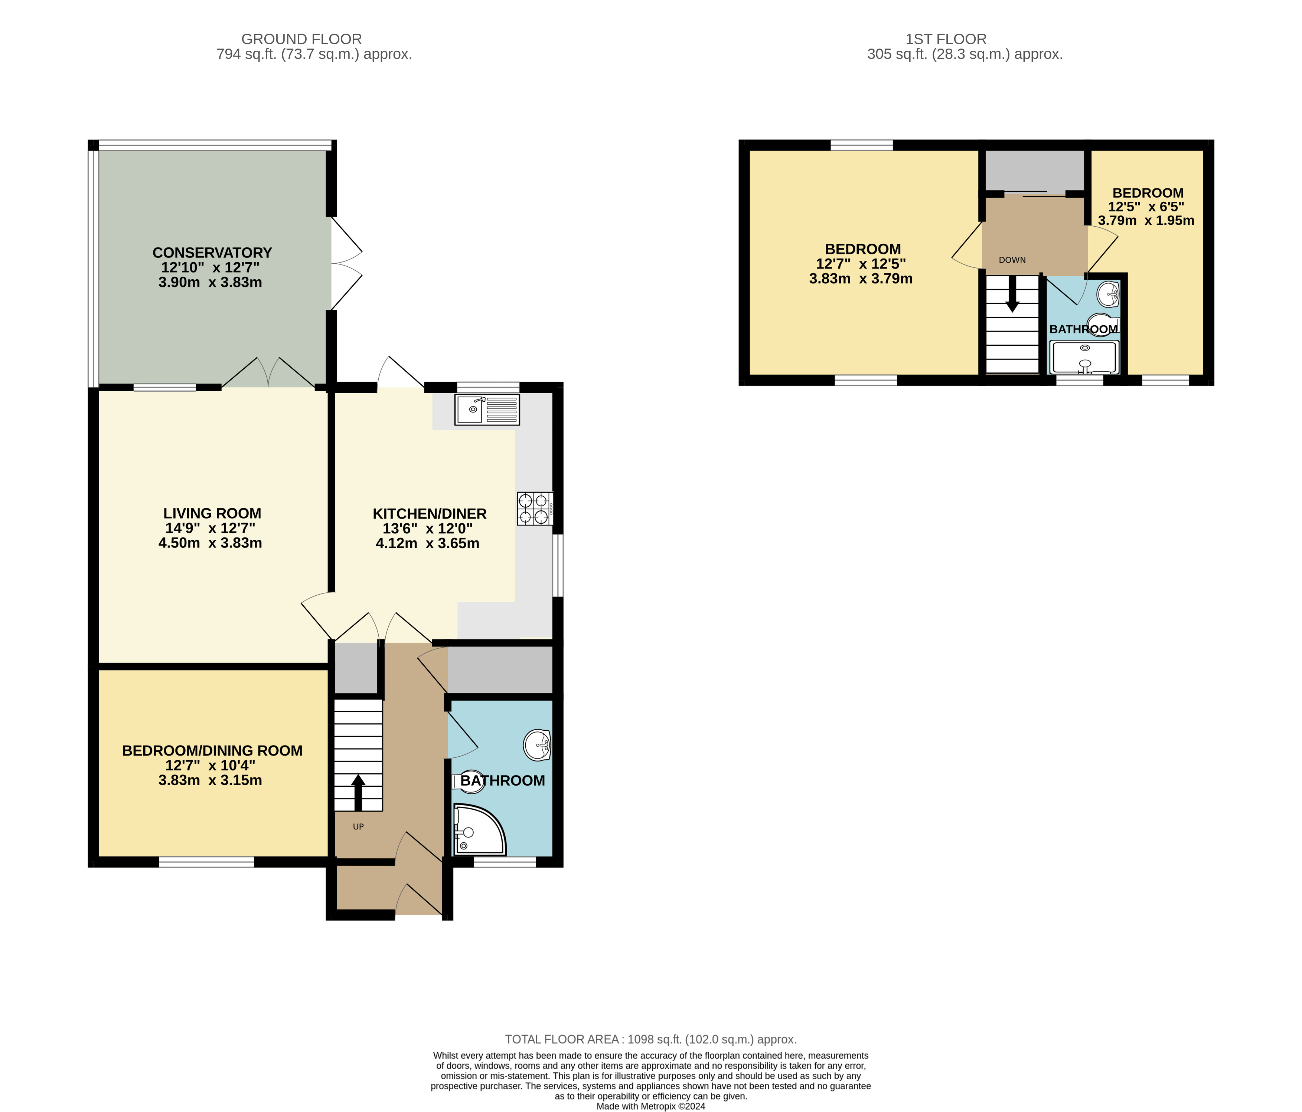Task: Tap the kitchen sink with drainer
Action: point(487,409)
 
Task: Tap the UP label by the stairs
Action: point(358,827)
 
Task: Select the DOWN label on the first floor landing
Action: point(1012,260)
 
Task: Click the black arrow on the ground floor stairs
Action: point(358,792)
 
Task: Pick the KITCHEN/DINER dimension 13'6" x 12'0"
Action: point(428,529)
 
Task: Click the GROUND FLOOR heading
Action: point(301,39)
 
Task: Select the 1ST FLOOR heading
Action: point(946,39)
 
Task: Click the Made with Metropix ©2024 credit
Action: point(651,1106)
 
